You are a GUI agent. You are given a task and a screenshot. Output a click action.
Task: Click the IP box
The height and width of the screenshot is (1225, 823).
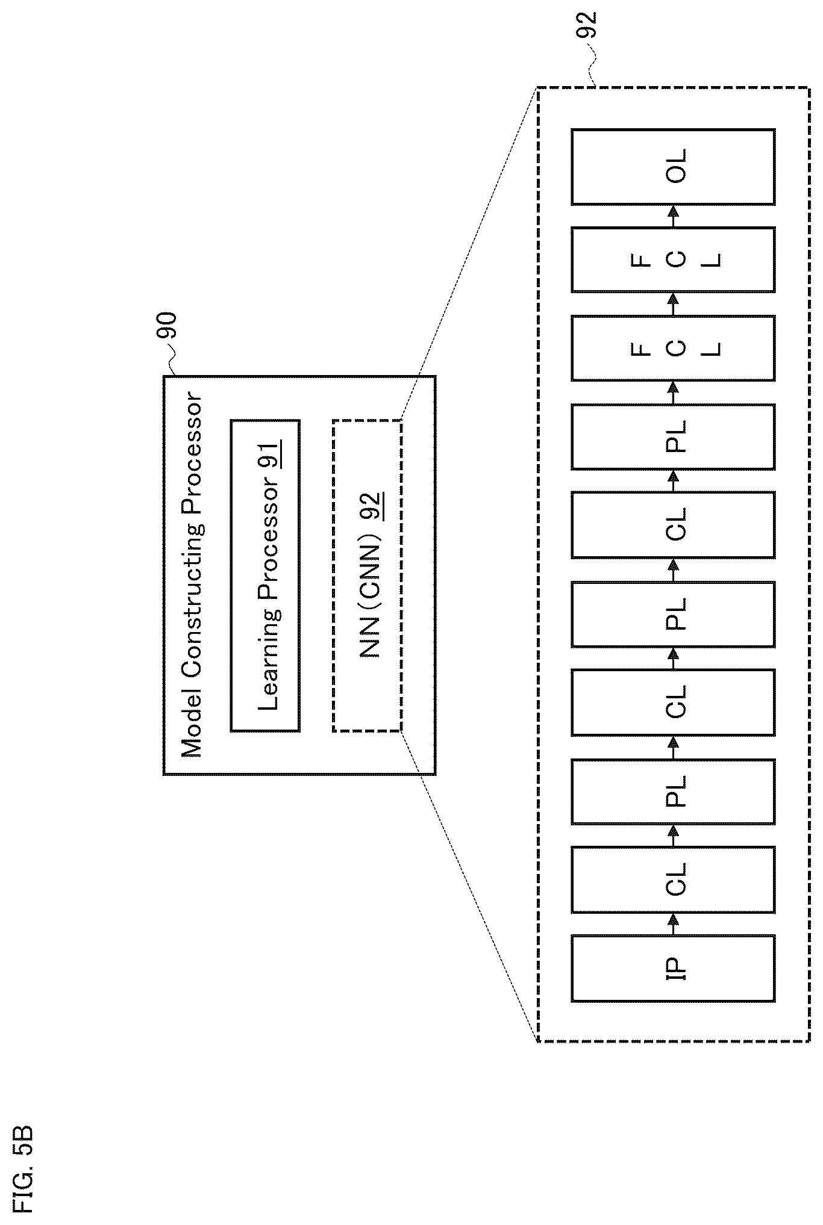pos(673,968)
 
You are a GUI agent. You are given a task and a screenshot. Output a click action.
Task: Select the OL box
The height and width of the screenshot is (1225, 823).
pos(673,167)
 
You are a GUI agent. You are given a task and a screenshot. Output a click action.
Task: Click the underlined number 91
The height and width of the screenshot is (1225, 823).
pos(269,455)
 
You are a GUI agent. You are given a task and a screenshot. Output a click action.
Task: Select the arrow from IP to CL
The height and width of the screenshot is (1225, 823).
pos(674,923)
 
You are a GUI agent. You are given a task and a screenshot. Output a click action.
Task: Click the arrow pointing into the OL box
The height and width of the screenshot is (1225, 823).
pos(674,216)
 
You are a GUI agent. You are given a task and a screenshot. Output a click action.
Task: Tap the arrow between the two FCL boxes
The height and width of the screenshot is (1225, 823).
pos(674,304)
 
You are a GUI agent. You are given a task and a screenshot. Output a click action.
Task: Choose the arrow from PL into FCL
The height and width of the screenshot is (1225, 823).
pos(674,392)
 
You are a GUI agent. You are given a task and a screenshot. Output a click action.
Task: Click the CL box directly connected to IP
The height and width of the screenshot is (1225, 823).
pos(673,879)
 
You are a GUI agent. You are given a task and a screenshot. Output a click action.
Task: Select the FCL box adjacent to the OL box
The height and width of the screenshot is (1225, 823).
pos(673,259)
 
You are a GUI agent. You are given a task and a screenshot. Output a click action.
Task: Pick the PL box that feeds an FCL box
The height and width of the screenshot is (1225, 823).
pos(673,436)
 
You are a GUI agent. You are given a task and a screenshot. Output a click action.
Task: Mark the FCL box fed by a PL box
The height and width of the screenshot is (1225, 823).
pos(673,348)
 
